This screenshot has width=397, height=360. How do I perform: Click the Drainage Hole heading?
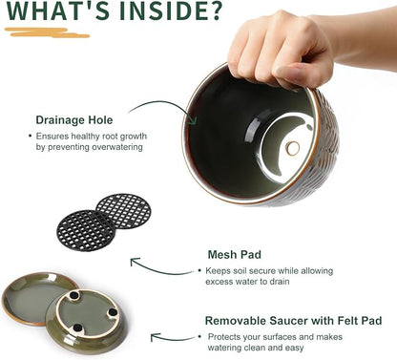pyautogui.click(x=74, y=120)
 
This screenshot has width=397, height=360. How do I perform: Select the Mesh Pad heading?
pyautogui.click(x=235, y=255)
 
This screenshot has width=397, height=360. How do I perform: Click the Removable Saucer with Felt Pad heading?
pyautogui.click(x=293, y=321)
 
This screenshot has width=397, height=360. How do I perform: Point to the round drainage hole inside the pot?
pyautogui.click(x=292, y=148)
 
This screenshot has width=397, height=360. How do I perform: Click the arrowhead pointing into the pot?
pyautogui.click(x=192, y=121)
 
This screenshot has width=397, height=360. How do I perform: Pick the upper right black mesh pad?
pyautogui.click(x=124, y=211)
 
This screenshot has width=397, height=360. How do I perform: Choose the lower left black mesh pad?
pyautogui.click(x=85, y=230)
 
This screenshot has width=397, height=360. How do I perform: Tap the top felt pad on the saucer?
pyautogui.click(x=74, y=295)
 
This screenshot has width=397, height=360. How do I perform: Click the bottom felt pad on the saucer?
pyautogui.click(x=77, y=328)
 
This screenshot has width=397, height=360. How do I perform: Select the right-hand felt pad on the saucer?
pyautogui.click(x=112, y=313)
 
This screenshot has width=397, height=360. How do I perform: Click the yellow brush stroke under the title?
pyautogui.click(x=47, y=32)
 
